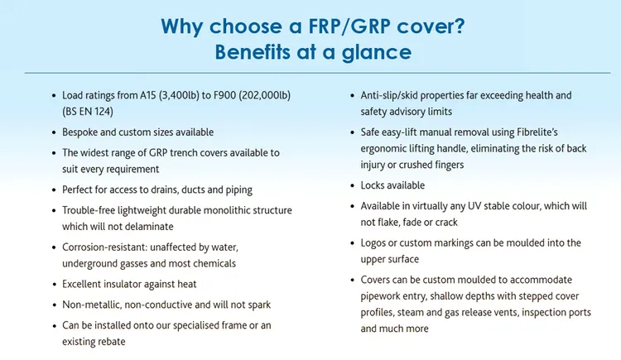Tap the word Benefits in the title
(x=253, y=52)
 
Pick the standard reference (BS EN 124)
(x=88, y=112)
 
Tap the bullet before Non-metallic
(x=55, y=305)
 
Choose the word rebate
(x=112, y=342)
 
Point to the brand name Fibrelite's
(x=537, y=132)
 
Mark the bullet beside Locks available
(x=353, y=185)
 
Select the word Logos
(x=373, y=243)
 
